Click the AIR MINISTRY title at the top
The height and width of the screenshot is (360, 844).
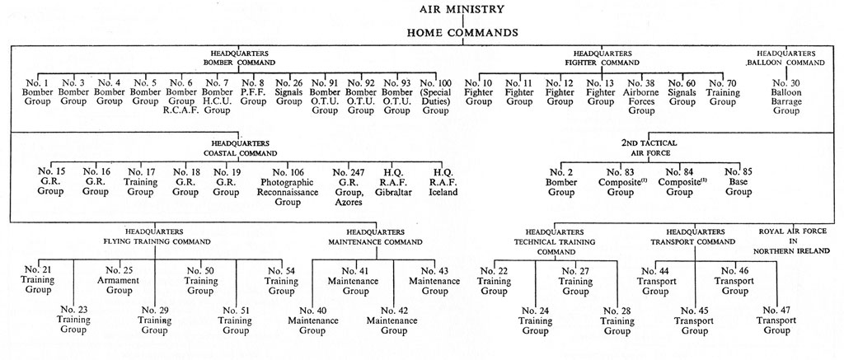462,9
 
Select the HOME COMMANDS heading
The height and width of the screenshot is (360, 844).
462,33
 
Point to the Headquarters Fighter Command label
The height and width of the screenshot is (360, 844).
603,58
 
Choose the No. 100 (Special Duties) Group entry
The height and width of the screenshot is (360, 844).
436,97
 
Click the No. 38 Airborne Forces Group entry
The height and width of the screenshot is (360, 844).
641,97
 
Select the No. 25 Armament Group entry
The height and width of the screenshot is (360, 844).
119,280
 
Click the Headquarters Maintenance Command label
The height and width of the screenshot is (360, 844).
375,236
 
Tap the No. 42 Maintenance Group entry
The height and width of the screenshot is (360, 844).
392,320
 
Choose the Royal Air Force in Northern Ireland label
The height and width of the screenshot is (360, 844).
795,241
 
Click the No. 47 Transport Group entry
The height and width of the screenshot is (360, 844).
776,320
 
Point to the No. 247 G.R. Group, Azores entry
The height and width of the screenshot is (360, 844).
349,187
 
